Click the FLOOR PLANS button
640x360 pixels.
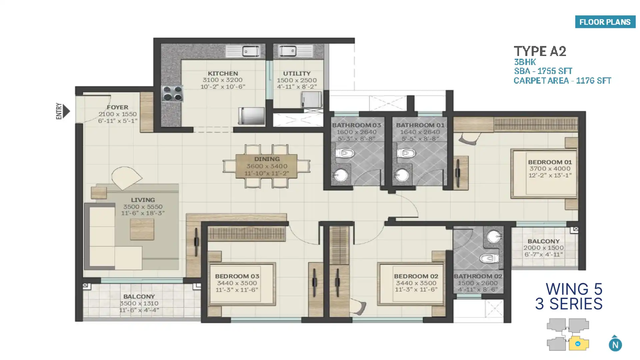605,22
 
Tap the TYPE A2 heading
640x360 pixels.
540,51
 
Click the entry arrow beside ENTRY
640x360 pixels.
66,111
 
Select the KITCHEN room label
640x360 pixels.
223,73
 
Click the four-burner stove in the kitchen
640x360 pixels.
172,93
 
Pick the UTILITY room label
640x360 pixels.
297,73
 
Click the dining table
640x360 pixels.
266,166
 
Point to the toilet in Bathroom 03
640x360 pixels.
344,153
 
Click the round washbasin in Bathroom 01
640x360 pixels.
402,175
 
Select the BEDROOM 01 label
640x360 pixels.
550,162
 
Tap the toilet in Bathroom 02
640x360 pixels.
489,258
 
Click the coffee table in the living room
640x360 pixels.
142,230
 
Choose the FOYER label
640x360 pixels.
117,107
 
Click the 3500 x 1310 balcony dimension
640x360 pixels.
139,303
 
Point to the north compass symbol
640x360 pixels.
615,343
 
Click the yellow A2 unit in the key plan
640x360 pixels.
579,343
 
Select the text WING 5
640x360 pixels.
574,289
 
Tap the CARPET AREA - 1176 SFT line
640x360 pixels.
562,81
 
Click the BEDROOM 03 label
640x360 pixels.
237,276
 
